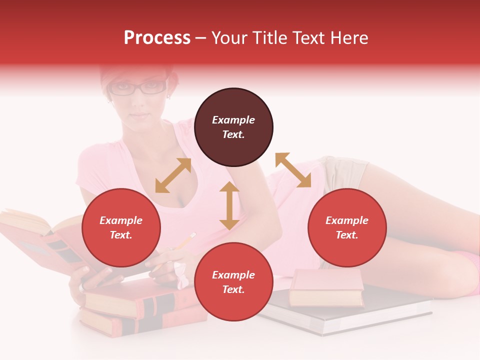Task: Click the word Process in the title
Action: (x=157, y=38)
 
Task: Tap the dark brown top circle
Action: (x=233, y=127)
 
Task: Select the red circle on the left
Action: (x=121, y=227)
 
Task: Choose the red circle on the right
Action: (x=347, y=227)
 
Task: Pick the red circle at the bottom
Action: (x=233, y=282)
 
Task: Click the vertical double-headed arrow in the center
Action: (x=229, y=205)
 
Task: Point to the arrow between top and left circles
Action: (x=173, y=175)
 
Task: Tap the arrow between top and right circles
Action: (x=293, y=170)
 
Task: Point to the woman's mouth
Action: (x=141, y=115)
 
